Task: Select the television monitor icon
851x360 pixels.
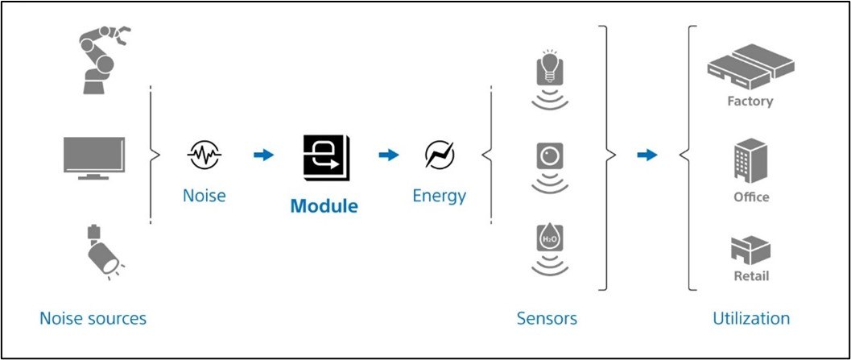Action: point(94,157)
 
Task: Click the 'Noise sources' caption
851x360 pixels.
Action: point(93,319)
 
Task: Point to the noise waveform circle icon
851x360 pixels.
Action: point(204,155)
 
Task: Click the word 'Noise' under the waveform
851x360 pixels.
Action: point(204,195)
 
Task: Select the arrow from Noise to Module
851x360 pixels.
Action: point(263,155)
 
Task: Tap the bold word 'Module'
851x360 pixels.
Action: point(324,205)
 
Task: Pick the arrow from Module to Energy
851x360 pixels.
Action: point(389,155)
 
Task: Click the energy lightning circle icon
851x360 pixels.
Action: point(440,155)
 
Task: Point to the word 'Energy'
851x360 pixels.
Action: point(440,195)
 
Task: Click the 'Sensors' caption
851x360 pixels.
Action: point(547,319)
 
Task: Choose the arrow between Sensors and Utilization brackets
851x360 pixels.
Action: point(647,155)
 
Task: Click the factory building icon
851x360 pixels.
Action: point(750,65)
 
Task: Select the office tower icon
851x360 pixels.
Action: point(750,159)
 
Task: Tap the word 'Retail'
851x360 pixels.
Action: point(750,276)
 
